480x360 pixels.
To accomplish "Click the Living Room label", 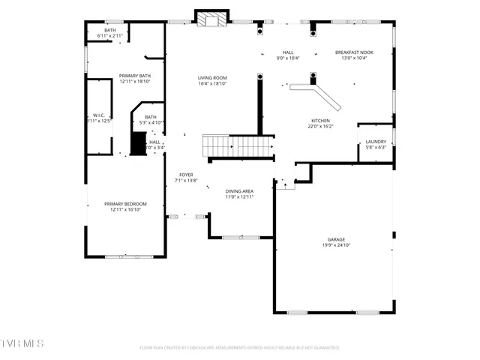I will click(212, 77).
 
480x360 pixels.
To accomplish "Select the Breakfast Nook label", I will click(353, 52).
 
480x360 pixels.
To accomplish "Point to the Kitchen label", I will click(320, 120).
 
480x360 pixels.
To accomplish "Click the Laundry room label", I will click(376, 141).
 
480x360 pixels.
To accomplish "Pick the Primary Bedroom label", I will click(125, 203).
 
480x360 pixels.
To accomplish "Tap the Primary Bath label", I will click(135, 76).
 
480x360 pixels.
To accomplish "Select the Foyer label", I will click(185, 174).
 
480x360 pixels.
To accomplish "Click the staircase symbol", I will click(238, 146).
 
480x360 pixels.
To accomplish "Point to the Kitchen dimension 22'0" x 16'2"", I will click(319, 126).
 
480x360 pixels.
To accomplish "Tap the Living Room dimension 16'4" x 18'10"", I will click(212, 83).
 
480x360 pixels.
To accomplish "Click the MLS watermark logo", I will click(22, 343).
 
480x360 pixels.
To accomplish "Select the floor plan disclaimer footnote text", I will click(239, 348).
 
